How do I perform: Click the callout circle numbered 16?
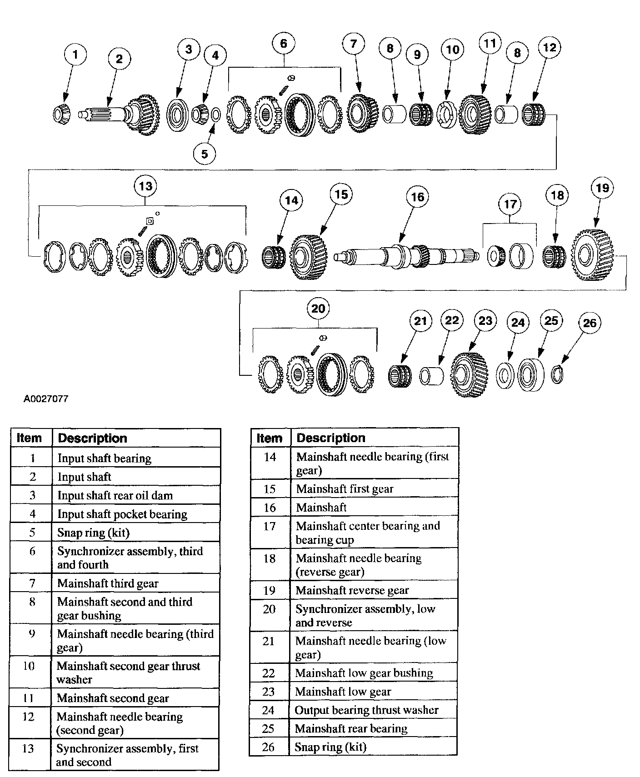(x=417, y=197)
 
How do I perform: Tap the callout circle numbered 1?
(x=75, y=55)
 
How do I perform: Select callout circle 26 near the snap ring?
(x=589, y=323)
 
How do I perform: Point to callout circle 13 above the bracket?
(x=145, y=186)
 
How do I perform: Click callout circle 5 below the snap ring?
(x=205, y=154)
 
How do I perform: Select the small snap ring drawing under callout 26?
(x=557, y=374)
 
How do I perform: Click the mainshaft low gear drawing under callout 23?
(x=470, y=374)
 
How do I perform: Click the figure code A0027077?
(x=46, y=399)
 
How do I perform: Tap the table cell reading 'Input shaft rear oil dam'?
(x=115, y=495)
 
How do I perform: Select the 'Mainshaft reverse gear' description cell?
(x=352, y=590)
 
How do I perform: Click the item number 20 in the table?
(x=270, y=609)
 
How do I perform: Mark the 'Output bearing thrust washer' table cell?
(x=366, y=710)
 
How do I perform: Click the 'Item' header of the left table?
(x=29, y=438)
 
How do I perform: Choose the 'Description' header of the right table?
(x=331, y=438)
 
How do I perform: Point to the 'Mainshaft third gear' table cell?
(x=108, y=583)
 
